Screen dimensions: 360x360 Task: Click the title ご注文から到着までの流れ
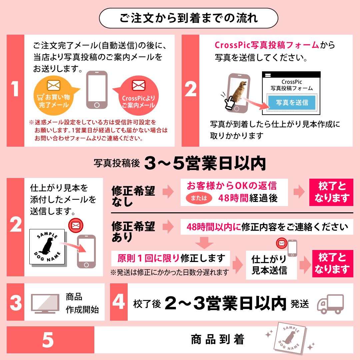coord(188,18)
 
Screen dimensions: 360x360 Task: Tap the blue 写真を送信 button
coord(292,102)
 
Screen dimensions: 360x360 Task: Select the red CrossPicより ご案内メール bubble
coord(138,95)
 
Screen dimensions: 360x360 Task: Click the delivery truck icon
coord(331,304)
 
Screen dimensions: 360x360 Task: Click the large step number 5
coord(48,340)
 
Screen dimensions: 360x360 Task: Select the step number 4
coord(119,301)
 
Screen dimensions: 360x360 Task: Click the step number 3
coord(16,303)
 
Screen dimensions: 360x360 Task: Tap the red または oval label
coord(199,198)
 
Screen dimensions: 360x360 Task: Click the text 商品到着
coord(218,340)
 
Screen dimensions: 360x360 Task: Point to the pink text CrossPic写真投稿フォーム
coord(267,45)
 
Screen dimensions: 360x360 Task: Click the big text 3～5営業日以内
coord(205,163)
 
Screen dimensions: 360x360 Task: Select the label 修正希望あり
coord(133,232)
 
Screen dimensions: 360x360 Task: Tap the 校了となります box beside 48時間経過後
coord(331,192)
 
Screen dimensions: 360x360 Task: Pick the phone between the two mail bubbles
coord(97,90)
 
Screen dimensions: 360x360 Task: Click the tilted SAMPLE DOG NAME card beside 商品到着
coord(290,338)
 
